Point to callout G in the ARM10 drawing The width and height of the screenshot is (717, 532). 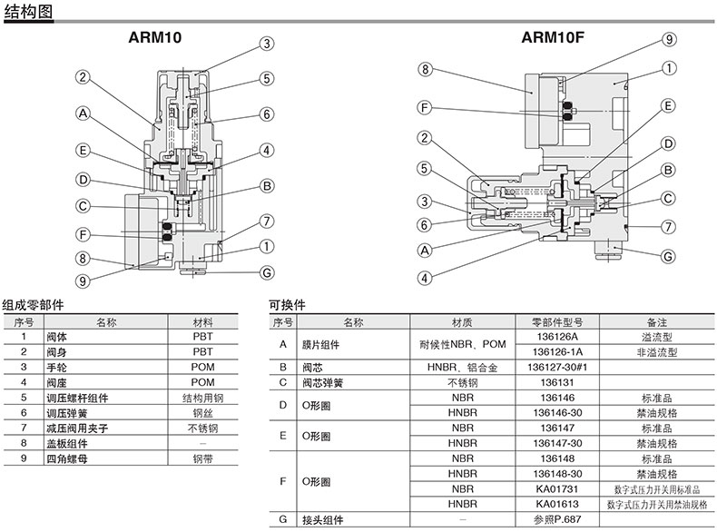(267, 272)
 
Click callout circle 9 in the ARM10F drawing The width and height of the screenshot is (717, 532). (669, 39)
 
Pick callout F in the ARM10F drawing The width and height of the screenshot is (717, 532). (424, 108)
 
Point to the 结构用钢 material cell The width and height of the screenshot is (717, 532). (203, 398)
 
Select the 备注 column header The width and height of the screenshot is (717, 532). (657, 322)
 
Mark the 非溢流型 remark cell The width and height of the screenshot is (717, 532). (657, 351)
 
